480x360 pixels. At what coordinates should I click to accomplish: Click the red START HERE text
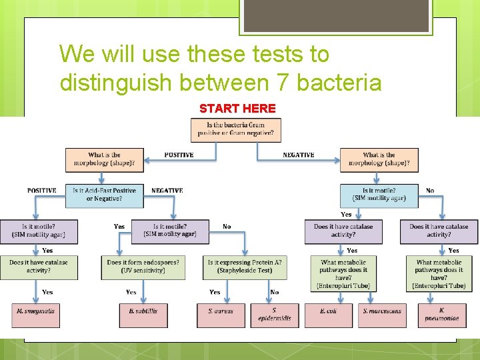237,109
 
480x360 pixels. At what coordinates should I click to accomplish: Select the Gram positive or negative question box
235,129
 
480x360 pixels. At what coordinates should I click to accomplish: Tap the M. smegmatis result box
37,315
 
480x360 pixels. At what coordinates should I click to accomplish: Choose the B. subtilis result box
143,315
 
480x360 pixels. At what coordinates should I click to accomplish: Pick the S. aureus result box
221,315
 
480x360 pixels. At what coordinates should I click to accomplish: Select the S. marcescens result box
383,315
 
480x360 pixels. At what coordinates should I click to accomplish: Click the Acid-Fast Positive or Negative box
104,195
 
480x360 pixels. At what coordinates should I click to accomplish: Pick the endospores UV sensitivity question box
144,267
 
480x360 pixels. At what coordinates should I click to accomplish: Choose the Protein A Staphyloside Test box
244,267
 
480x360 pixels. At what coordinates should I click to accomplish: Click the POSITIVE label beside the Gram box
179,155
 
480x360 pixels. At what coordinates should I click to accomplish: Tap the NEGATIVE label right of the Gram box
298,155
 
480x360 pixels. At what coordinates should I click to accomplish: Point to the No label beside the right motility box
430,191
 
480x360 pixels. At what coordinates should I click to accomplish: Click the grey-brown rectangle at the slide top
335,16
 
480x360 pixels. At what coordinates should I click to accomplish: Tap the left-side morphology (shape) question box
104,159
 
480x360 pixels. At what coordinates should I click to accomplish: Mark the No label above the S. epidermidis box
275,292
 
